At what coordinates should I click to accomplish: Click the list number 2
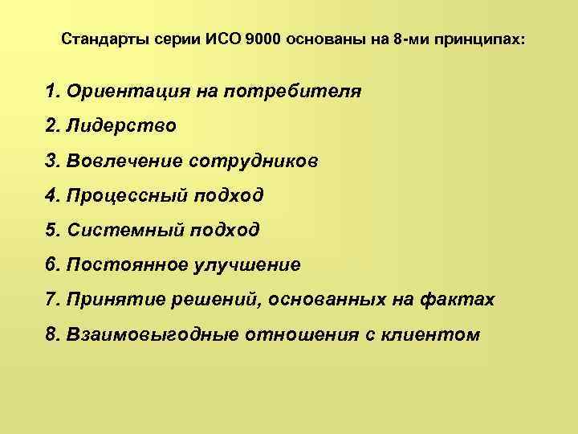pyautogui.click(x=53, y=126)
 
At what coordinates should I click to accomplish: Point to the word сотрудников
pyautogui.click(x=254, y=161)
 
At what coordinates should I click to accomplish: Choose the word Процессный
pyautogui.click(x=127, y=195)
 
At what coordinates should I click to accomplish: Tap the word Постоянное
pyautogui.click(x=128, y=265)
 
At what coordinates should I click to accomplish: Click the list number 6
pyautogui.click(x=53, y=265)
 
